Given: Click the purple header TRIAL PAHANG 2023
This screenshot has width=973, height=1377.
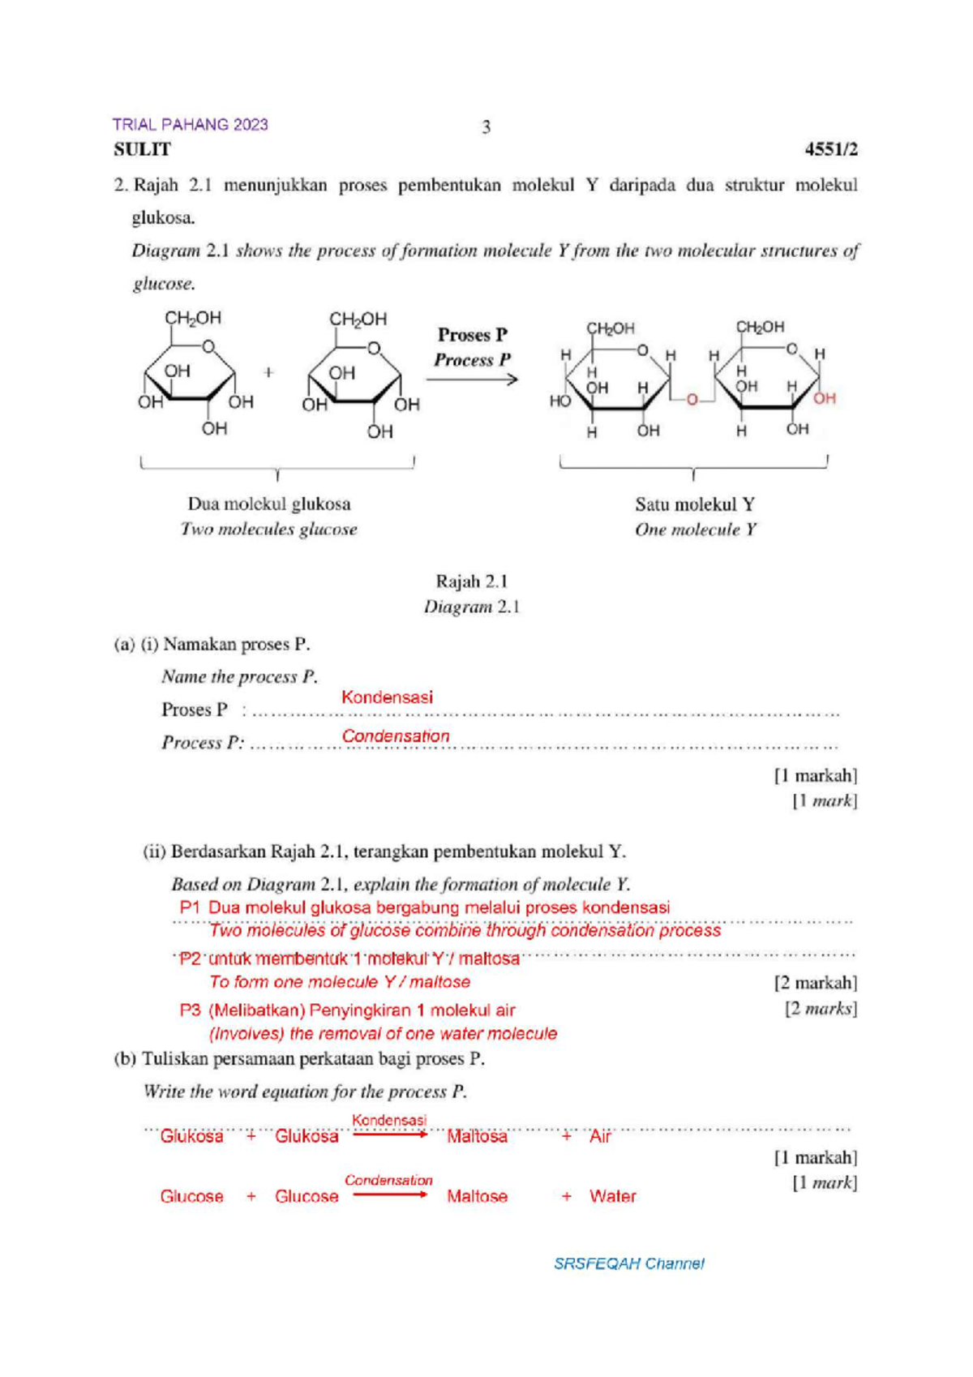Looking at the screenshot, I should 190,124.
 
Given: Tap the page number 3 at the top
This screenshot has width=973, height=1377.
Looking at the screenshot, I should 486,127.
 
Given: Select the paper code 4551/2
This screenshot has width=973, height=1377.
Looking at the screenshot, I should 830,149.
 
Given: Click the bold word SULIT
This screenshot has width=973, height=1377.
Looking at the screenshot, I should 142,149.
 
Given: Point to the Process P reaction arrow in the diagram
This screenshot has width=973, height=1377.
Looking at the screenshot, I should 472,379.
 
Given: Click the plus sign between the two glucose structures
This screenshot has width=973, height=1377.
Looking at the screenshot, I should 268,372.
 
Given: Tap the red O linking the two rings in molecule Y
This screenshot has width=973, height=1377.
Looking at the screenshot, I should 692,400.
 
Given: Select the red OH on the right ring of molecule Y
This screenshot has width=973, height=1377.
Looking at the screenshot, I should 824,398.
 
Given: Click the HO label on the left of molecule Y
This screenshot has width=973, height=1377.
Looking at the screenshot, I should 559,401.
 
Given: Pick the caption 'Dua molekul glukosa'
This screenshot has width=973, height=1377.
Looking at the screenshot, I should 269,504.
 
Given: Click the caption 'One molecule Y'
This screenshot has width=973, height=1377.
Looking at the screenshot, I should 696,530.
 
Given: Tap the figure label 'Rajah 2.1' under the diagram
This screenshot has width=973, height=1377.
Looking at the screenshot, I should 471,581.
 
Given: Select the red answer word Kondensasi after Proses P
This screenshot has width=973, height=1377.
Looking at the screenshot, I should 387,697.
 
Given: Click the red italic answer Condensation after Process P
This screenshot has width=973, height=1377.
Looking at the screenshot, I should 395,736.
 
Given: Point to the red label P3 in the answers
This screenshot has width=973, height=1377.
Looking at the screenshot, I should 190,1010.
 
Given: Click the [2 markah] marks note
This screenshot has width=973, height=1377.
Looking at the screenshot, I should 815,983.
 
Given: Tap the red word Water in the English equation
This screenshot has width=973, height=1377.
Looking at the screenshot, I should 612,1196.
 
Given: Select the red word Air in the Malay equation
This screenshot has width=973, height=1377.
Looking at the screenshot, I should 600,1136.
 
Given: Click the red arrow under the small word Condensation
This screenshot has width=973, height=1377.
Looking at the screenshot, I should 389,1195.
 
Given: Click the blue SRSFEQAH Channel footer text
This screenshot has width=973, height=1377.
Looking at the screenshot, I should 628,1263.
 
